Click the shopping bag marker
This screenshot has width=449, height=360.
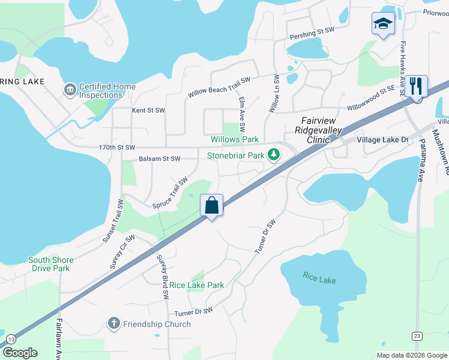click(212, 206)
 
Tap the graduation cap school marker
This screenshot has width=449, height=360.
click(383, 24)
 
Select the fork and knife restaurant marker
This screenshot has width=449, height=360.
click(415, 86)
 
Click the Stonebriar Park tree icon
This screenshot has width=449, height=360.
click(274, 155)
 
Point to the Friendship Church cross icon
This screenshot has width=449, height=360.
click(113, 324)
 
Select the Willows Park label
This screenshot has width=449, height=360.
click(235, 139)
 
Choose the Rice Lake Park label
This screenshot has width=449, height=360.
click(196, 286)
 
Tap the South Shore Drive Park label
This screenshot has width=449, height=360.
click(51, 264)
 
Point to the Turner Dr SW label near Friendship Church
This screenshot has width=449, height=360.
click(193, 312)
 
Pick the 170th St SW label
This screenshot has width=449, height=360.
click(117, 147)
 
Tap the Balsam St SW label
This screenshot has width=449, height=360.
click(159, 159)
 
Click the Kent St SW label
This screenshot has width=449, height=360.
click(148, 110)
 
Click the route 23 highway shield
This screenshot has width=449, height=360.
click(417, 335)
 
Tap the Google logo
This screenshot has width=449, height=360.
click(20, 353)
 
